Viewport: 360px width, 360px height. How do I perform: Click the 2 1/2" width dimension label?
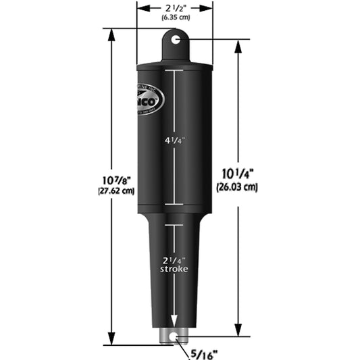[175, 7]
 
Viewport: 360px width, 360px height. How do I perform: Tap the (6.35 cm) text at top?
[175, 18]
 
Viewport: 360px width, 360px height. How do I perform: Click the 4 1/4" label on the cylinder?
[175, 141]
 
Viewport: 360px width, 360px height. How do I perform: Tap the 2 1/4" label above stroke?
[175, 260]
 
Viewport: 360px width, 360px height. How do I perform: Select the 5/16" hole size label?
[206, 351]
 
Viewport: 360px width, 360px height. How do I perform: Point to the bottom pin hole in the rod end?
[175, 335]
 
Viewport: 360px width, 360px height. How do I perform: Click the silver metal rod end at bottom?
[175, 336]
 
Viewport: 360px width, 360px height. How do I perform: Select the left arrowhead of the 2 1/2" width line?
[140, 7]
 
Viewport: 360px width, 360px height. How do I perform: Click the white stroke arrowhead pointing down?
[175, 323]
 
